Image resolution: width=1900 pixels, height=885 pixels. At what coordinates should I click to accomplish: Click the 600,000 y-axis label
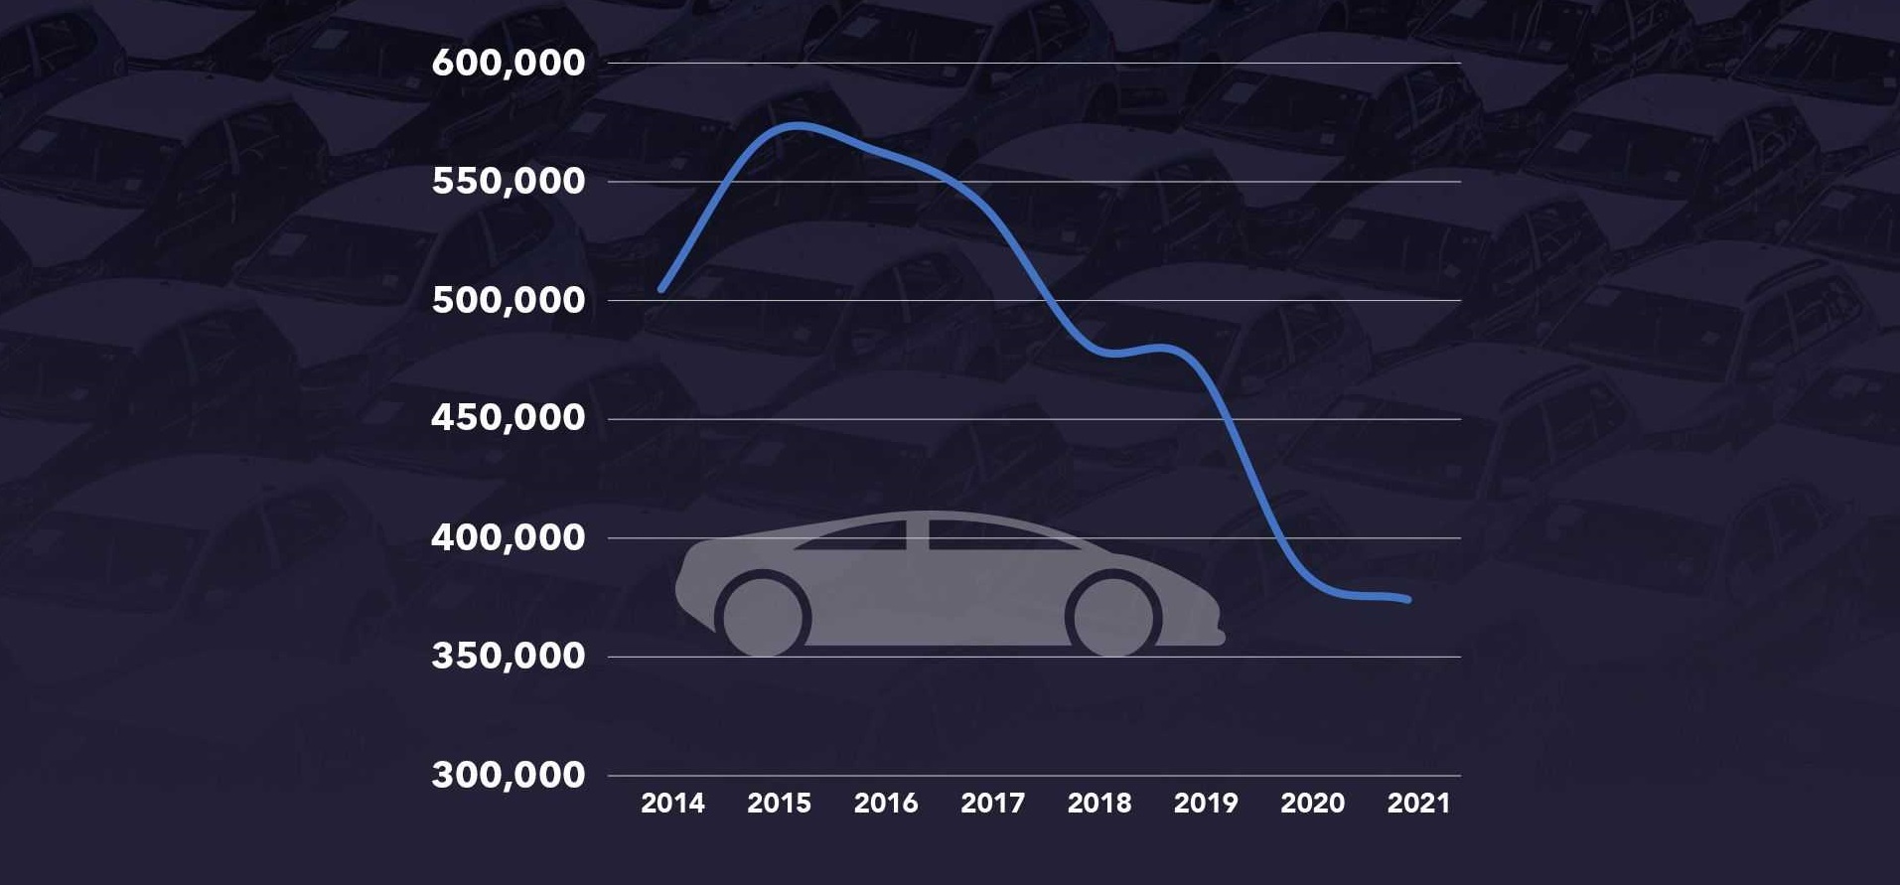508,63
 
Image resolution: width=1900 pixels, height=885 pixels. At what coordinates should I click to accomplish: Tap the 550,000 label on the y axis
508,181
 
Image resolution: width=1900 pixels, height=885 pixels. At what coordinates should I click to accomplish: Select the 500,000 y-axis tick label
508,300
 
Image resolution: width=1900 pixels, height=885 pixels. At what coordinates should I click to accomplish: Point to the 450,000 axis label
508,418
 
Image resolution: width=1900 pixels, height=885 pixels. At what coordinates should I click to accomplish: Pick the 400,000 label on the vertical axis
508,537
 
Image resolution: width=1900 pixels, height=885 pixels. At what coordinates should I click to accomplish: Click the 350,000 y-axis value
508,656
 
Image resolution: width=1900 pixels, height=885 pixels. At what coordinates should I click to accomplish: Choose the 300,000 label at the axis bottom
508,775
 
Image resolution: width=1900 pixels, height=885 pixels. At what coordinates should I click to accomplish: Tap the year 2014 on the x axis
672,803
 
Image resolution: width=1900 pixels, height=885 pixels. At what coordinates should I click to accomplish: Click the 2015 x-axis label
779,803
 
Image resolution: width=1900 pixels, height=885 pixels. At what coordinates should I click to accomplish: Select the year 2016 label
886,803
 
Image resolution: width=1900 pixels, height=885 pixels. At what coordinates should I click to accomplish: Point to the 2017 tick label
992,803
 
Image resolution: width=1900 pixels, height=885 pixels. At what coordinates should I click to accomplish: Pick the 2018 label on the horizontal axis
1098,803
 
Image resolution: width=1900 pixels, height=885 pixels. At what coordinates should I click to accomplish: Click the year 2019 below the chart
1206,803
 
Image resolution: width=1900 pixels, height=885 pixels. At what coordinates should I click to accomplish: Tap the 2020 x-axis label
1312,803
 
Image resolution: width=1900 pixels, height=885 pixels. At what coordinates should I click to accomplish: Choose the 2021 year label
1418,803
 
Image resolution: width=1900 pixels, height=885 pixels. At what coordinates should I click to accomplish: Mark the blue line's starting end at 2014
661,289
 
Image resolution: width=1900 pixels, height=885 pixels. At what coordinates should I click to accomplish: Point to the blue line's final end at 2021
1407,599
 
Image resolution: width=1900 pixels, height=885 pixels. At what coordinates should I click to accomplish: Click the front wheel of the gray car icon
1113,617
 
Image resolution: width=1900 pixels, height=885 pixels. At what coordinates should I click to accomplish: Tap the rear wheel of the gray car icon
762,617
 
